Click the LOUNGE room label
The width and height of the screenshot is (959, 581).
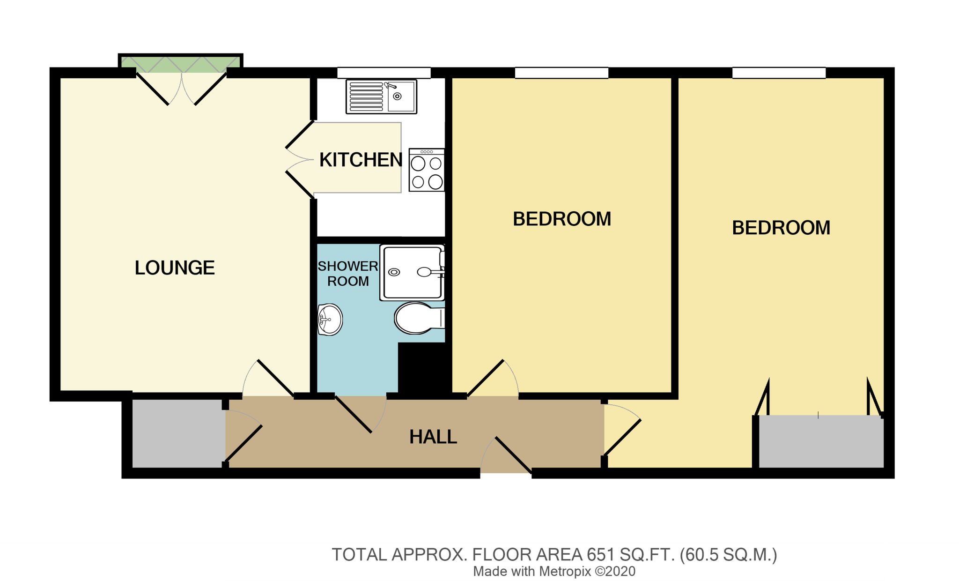point(175,268)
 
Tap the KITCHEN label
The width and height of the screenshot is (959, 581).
point(361,160)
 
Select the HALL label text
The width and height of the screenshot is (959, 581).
point(433,437)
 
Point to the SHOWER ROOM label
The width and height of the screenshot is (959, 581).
point(348,274)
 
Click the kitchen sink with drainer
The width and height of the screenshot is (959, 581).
point(381,97)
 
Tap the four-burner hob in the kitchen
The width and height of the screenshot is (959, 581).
point(427,170)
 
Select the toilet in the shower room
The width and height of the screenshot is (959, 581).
point(420,318)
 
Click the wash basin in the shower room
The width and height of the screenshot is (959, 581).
point(330,320)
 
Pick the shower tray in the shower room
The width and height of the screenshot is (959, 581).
point(412,272)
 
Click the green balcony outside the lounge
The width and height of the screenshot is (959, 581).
point(180,64)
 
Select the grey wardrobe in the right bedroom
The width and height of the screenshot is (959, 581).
point(821,441)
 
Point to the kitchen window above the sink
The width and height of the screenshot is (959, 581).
point(384,73)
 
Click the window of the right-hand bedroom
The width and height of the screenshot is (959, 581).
point(779,73)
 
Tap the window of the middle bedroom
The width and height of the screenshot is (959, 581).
point(561,73)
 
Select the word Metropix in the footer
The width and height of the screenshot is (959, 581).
point(565,572)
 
